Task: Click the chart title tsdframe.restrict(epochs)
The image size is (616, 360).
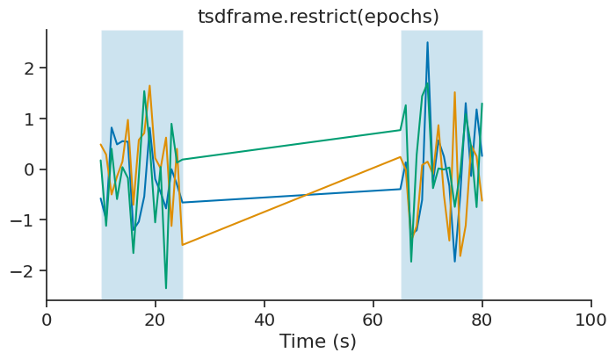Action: (318, 17)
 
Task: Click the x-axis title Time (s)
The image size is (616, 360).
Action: (318, 342)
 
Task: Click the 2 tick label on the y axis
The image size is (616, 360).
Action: (28, 68)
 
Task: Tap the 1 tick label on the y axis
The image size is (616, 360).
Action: (28, 119)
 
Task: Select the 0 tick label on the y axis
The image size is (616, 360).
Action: (28, 169)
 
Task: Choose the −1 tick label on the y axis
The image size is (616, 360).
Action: (22, 220)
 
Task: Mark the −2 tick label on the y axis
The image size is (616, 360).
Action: (22, 270)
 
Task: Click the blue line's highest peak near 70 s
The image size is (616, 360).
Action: (428, 42)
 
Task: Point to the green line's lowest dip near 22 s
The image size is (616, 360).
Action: (166, 288)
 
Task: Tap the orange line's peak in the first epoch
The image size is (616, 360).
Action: (150, 86)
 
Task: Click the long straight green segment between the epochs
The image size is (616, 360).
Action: (291, 145)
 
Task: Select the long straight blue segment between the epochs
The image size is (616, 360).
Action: (291, 196)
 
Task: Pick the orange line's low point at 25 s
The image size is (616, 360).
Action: (183, 245)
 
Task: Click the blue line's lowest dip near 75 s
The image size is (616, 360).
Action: (455, 261)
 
